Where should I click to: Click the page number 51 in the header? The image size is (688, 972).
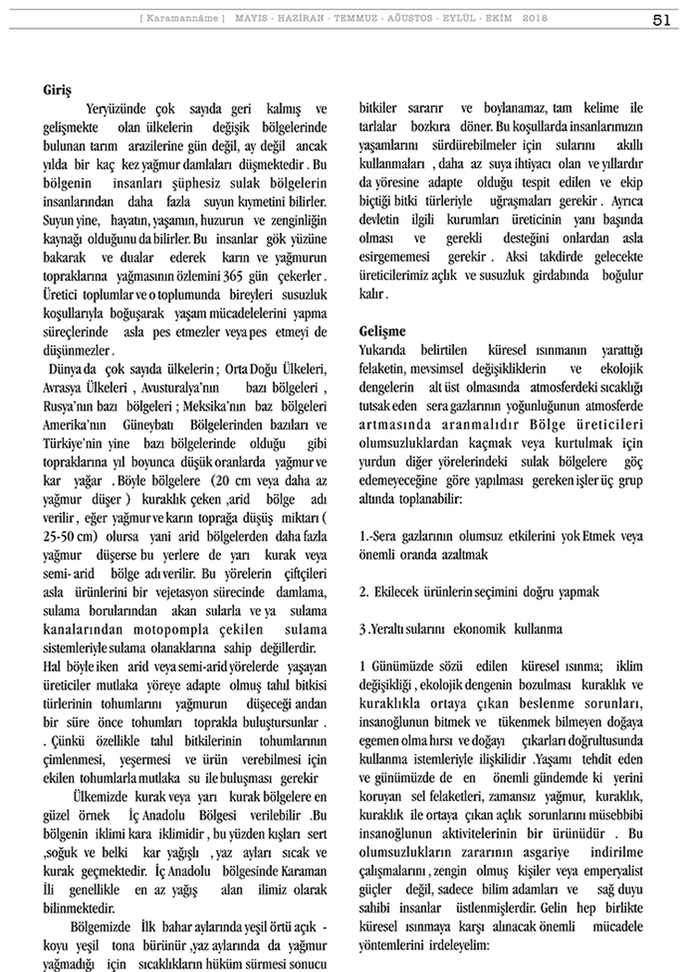tap(661, 18)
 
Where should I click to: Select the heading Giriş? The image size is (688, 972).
tap(57, 92)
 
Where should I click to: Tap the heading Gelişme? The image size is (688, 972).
tap(384, 331)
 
